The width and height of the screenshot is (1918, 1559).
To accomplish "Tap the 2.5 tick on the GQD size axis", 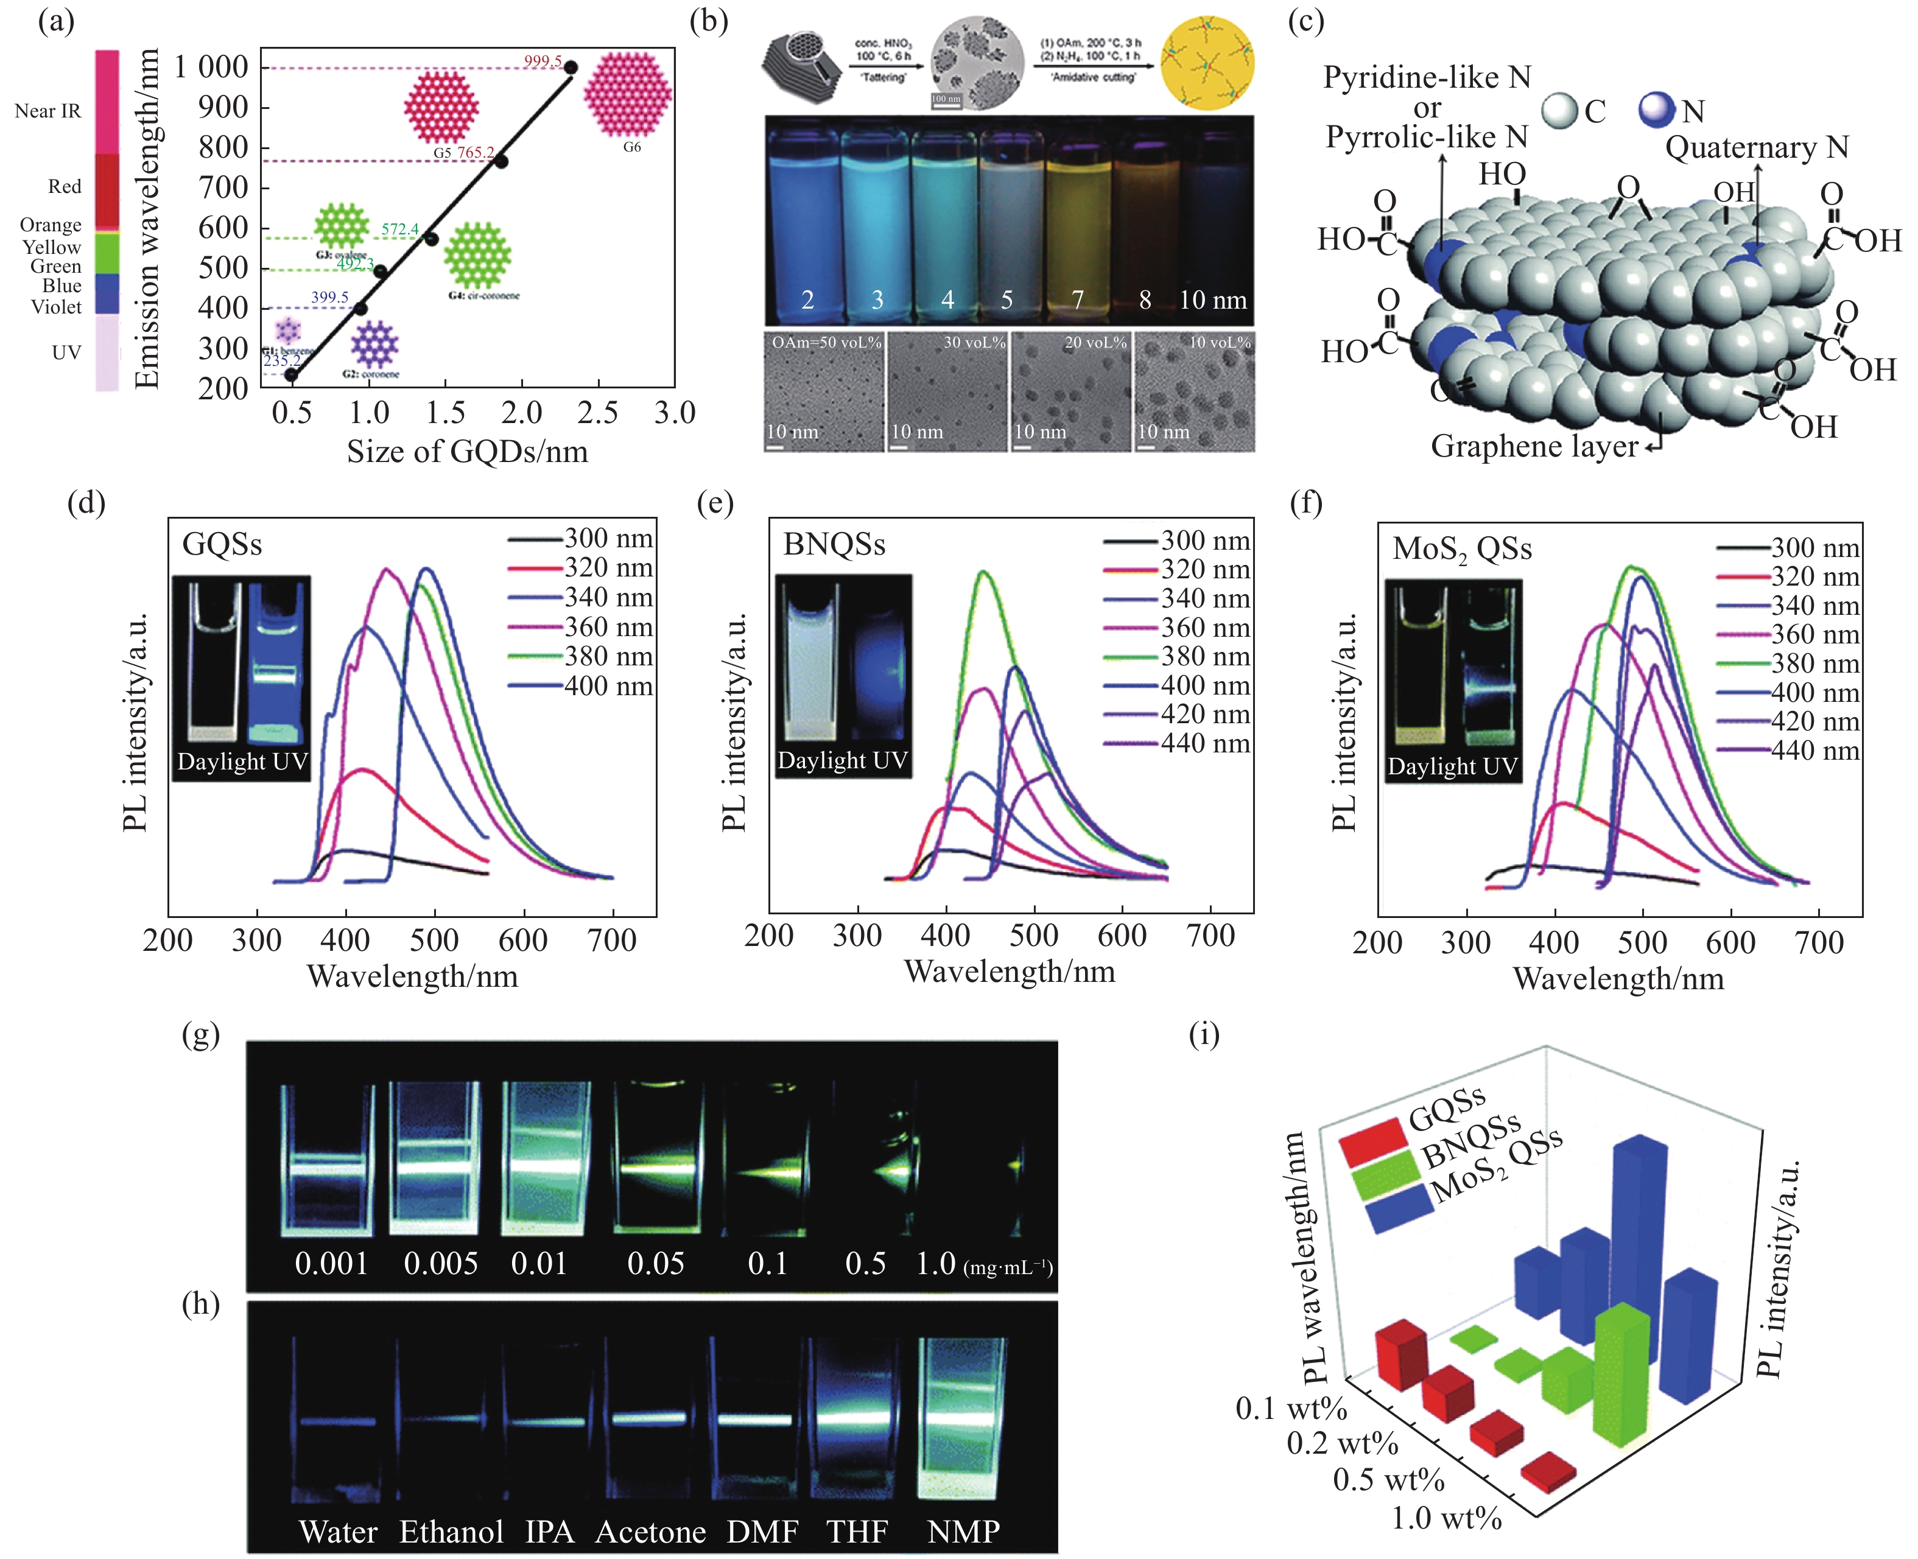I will coord(597,414).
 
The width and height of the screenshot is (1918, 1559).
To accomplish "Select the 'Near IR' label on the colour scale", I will coord(47,111).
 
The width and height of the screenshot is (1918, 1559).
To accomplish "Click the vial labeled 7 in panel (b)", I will coord(1078,225).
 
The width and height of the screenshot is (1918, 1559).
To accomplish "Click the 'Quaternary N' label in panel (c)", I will coord(1756,148).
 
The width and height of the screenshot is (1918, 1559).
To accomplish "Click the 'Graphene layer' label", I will coord(1534,446).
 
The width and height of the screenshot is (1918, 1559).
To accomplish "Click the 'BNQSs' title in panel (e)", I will coord(834,545).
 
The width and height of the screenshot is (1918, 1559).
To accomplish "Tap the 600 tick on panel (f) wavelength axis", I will coord(1730,943).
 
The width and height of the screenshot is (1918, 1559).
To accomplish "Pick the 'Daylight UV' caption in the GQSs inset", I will coord(242,762).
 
